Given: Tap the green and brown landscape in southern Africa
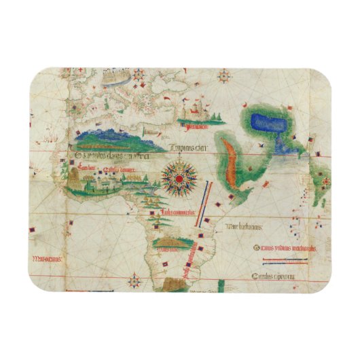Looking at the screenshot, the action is (x=167, y=242).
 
